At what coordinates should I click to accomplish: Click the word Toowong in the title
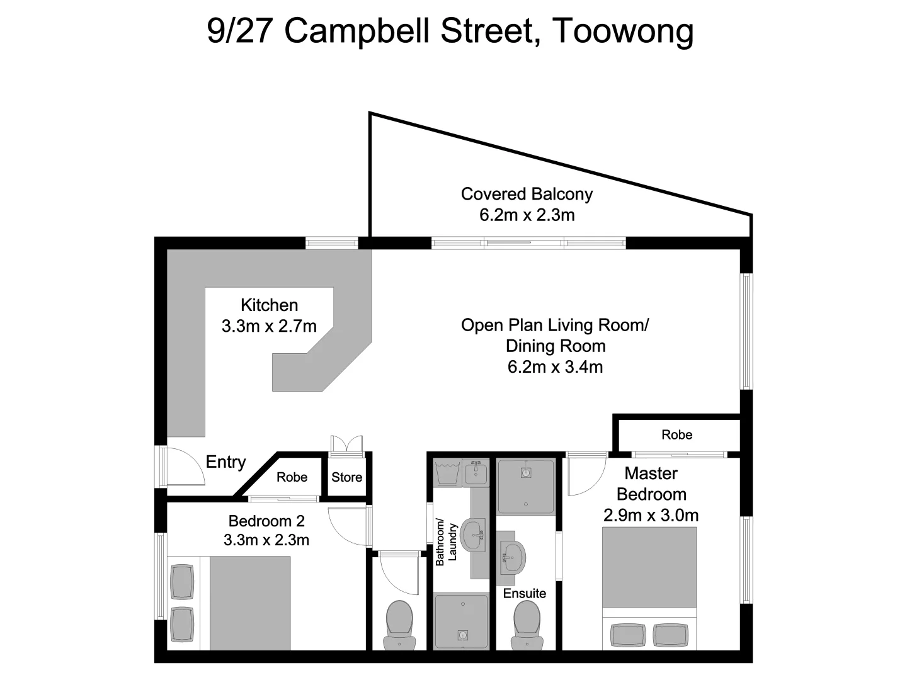tap(622, 31)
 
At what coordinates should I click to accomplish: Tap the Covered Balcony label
tap(527, 194)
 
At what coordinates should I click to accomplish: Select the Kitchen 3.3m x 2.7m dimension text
tap(269, 326)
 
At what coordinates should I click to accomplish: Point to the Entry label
tap(225, 462)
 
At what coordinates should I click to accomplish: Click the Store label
tap(346, 477)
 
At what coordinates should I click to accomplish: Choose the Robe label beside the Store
tap(292, 477)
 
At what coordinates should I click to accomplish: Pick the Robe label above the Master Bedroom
tap(676, 435)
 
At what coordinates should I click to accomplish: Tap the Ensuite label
tap(524, 593)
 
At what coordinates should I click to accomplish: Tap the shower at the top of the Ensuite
tap(526, 487)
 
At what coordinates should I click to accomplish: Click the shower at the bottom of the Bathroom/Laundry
tap(461, 621)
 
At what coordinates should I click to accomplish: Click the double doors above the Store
tap(346, 444)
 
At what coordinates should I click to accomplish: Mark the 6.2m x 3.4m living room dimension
tap(555, 367)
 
